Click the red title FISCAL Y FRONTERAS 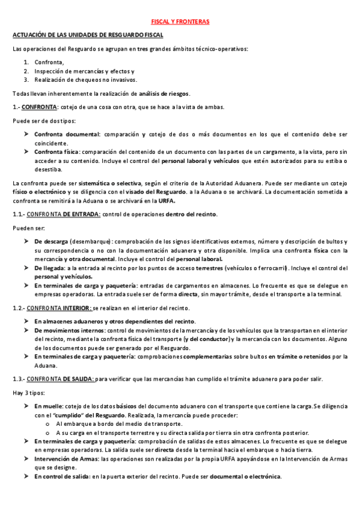pos(180,22)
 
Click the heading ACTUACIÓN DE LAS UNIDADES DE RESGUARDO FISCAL pos(84,36)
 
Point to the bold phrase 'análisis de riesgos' pos(164,93)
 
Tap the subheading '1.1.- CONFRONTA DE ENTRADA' pos(56,214)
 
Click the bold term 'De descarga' pos(50,241)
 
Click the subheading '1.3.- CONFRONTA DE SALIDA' pos(54,379)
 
